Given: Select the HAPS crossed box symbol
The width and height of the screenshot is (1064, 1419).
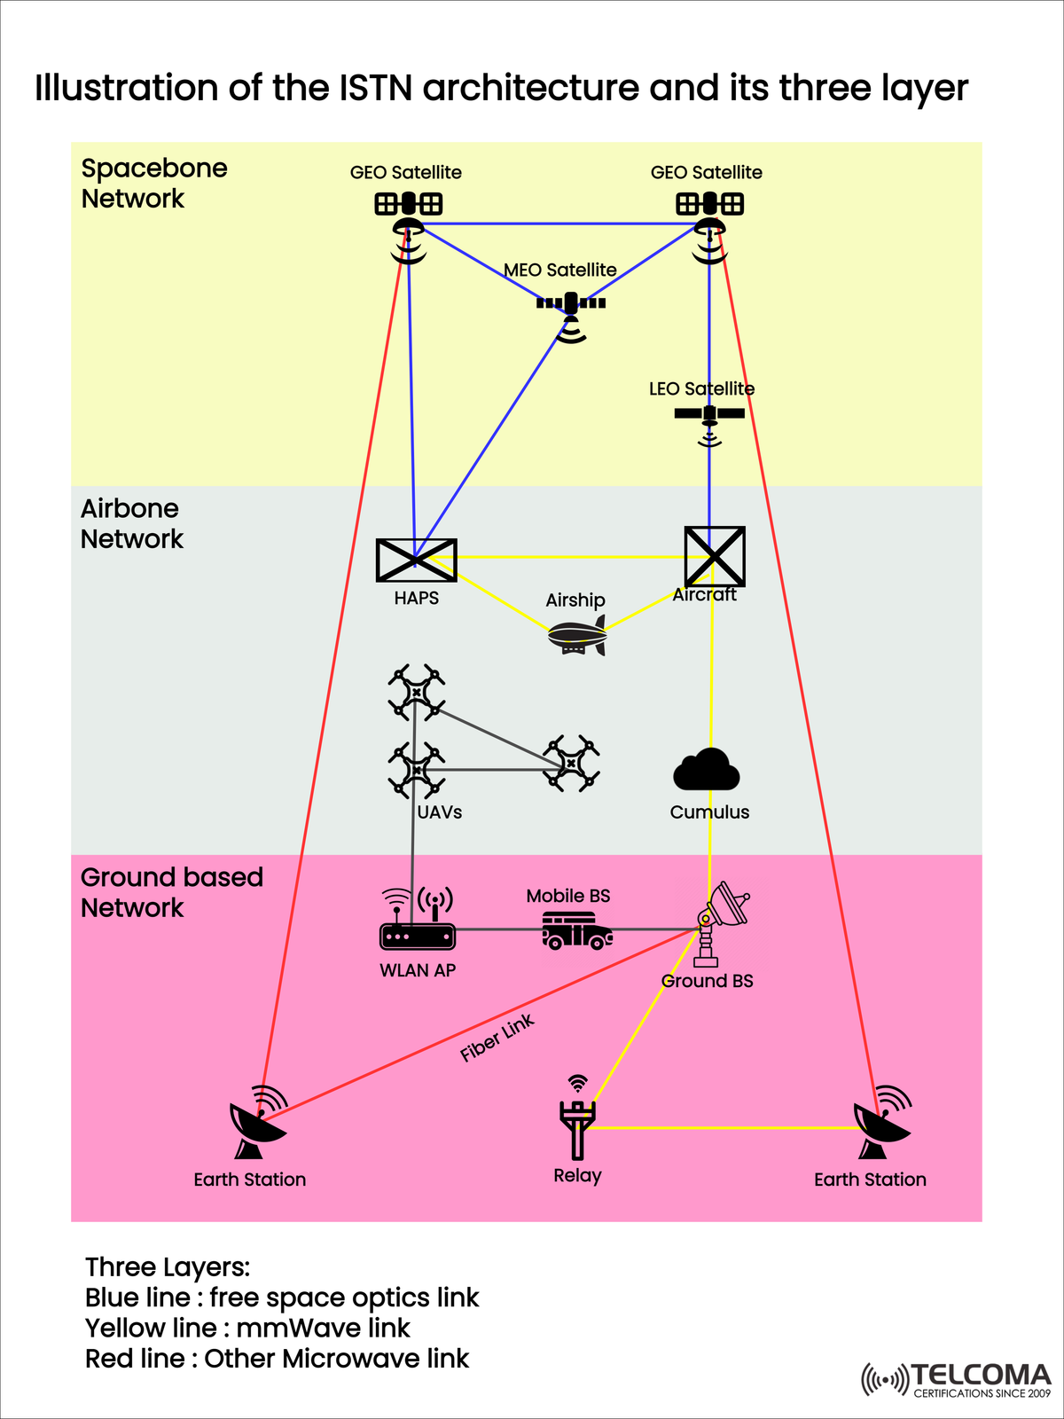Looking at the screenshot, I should [x=416, y=561].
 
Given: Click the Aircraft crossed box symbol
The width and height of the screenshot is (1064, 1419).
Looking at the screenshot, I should [x=714, y=556].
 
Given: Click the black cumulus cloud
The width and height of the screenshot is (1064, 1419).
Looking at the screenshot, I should [x=707, y=770].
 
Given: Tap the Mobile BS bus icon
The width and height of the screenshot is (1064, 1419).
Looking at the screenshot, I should [x=576, y=931].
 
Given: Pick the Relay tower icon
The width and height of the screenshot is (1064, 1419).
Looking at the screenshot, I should [x=577, y=1122].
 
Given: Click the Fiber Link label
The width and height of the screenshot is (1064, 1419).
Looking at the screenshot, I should [x=497, y=1038].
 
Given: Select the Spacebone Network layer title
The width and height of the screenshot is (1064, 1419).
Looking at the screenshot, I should [x=154, y=184].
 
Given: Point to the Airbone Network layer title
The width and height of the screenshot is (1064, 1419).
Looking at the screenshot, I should [x=131, y=523].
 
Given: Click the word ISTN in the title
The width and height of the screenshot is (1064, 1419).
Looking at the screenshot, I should [x=379, y=89].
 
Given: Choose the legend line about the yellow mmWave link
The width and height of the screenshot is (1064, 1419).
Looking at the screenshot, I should [x=247, y=1328].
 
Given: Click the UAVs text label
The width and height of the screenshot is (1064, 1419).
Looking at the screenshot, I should [x=440, y=812].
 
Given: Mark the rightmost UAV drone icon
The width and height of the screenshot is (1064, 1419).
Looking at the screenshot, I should [x=572, y=763].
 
